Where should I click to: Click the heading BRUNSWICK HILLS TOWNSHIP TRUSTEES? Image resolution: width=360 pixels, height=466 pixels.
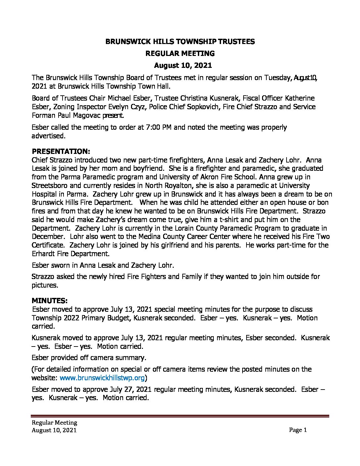[180, 41]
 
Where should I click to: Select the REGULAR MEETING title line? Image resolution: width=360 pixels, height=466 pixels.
[180, 53]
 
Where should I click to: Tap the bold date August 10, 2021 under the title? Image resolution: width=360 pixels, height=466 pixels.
[180, 65]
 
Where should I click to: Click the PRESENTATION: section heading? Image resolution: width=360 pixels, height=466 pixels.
[61, 152]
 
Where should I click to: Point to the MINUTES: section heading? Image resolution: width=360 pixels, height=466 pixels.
[50, 301]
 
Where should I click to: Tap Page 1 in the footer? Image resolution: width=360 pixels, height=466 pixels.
[298, 430]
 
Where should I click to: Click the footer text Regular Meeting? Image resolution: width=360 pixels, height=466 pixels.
[54, 423]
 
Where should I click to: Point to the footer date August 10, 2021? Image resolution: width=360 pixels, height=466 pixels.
[54, 430]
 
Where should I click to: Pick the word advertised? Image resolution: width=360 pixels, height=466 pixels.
[48, 136]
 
